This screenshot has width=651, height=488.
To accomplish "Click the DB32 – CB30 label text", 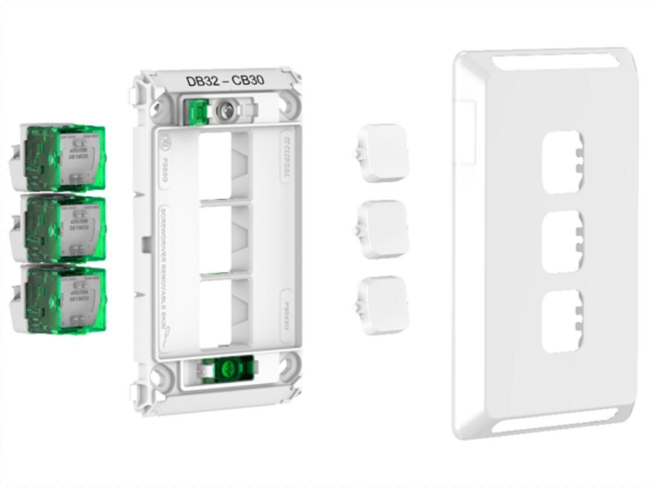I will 225,81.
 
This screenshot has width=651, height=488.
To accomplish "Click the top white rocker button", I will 383,153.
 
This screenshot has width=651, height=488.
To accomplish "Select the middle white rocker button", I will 383,229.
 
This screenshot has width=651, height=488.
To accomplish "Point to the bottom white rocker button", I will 383,305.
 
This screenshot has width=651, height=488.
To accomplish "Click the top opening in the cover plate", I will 560,161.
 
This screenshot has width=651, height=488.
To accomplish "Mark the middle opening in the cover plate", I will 560,242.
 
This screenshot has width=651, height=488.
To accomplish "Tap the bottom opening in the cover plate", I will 560,320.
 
